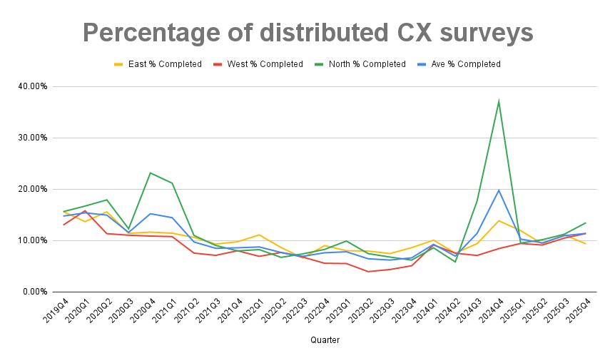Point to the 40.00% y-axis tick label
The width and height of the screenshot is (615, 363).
[33, 86]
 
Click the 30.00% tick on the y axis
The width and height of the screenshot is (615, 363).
[33, 138]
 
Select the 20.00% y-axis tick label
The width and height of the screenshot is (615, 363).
[33, 189]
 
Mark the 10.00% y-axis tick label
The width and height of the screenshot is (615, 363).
[33, 240]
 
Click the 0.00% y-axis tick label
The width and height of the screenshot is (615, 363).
[35, 292]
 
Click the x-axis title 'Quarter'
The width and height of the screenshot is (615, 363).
[325, 340]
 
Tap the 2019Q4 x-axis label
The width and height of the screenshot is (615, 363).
[55, 310]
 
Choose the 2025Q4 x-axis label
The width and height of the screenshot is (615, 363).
[576, 310]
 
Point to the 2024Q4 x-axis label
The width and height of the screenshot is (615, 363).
[489, 310]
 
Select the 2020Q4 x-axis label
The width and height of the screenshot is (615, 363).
[142, 310]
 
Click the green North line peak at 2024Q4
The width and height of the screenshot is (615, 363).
[499, 101]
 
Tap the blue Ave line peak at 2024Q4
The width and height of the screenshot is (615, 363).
[499, 190]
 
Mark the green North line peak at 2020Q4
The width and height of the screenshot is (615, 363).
[151, 173]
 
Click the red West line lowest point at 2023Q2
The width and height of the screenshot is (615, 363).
[368, 272]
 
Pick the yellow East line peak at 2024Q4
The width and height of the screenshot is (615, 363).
[499, 220]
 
